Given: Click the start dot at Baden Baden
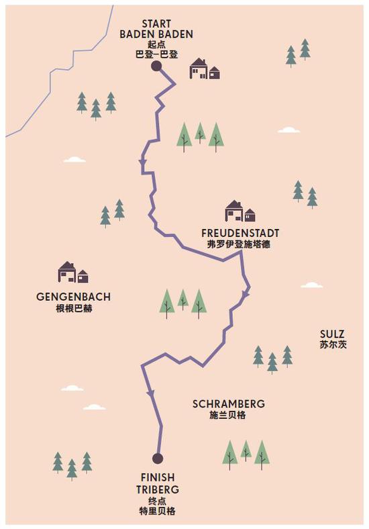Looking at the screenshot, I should coord(156,66).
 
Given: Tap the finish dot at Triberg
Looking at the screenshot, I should coord(158,459).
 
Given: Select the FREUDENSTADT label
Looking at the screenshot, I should coord(240,233).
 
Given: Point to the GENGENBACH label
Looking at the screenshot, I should coord(74,297).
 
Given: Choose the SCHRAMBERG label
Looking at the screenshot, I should coord(229,404).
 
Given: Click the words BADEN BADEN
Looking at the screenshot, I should coord(156,34).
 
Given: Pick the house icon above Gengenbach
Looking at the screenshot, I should coord(72,272).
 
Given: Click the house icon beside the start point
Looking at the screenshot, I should coord(204,68).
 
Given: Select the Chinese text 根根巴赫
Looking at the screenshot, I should coord(74,309).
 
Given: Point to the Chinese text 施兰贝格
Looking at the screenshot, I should coord(228,416).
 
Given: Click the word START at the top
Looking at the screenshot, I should coord(156,23).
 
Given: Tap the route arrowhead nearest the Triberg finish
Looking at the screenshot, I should coord(150,393).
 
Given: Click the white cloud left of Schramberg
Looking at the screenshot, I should coord(72,388).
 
